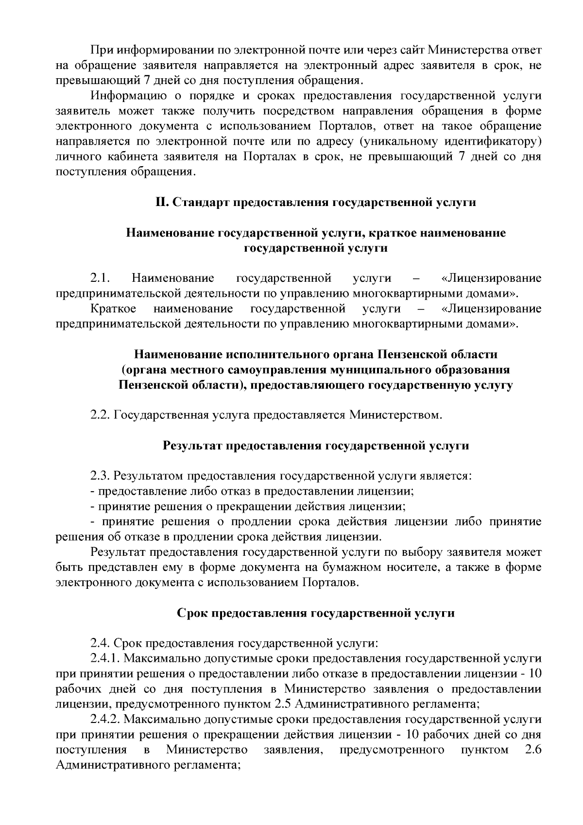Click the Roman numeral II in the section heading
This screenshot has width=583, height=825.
pyautogui.click(x=161, y=202)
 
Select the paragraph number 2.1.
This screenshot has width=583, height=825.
pyautogui.click(x=101, y=278)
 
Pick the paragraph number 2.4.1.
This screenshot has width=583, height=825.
pyautogui.click(x=106, y=658)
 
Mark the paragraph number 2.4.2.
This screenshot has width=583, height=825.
pyautogui.click(x=106, y=719)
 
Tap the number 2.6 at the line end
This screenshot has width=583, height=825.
pyautogui.click(x=533, y=750)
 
